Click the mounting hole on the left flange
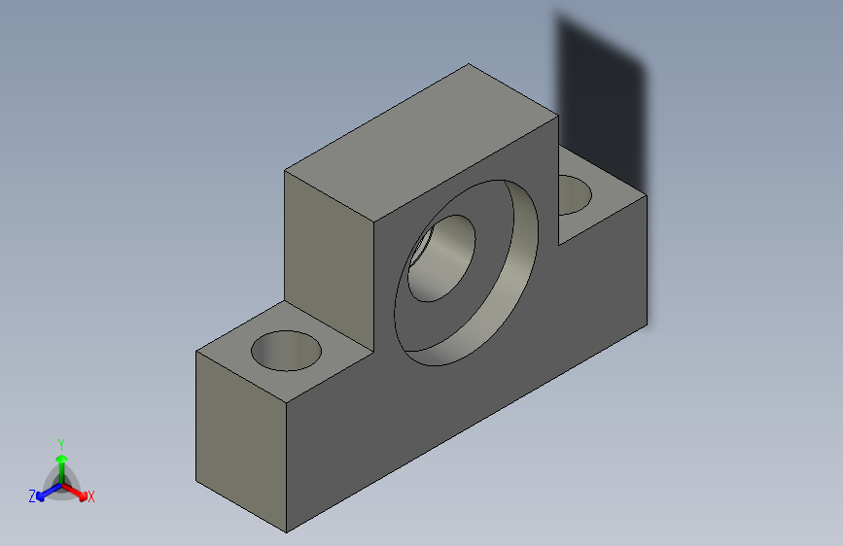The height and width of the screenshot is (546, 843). pos(286,351)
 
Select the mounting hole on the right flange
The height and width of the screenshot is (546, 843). pos(573,194)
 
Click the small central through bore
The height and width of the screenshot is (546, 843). pos(439,259)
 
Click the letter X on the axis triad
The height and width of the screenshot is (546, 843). pos(91,497)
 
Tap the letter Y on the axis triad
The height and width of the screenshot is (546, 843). pos(60,442)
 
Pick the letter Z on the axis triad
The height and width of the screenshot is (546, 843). pos(32,496)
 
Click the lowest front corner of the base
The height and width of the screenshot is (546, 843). pos(287,532)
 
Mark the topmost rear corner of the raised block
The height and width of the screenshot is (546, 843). pos(469,65)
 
